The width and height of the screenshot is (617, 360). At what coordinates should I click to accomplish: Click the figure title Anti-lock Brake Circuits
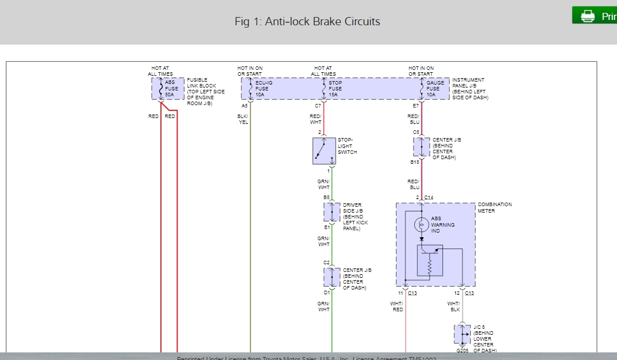click(x=307, y=22)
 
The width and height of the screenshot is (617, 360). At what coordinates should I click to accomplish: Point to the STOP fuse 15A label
click(x=336, y=89)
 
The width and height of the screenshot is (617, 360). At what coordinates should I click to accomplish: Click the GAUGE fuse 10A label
click(x=435, y=89)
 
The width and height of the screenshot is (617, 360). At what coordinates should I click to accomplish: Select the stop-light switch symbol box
click(x=324, y=152)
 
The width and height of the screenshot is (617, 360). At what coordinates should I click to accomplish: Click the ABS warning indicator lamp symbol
click(x=421, y=224)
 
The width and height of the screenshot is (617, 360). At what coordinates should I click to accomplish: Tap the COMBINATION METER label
click(x=494, y=208)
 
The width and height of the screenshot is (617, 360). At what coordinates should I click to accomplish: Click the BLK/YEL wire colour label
click(x=243, y=119)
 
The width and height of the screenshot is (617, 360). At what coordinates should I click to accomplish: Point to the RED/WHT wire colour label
click(x=316, y=119)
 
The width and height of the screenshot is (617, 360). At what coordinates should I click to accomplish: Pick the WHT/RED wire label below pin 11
click(x=397, y=307)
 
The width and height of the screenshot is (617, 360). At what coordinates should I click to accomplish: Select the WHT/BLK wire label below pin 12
click(x=453, y=307)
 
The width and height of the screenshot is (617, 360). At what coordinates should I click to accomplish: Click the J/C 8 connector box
click(x=462, y=334)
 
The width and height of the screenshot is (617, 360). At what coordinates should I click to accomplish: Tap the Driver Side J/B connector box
click(x=332, y=213)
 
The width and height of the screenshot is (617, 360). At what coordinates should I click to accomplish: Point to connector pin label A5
click(x=244, y=106)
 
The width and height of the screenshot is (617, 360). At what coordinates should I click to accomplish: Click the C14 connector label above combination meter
click(x=428, y=197)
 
